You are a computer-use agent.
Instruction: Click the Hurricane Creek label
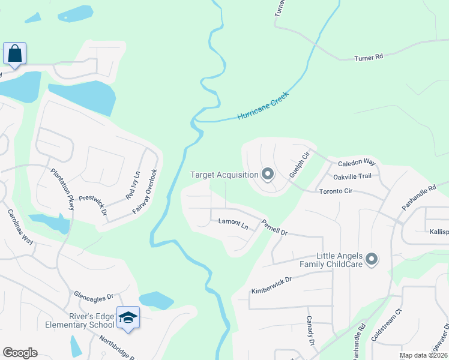263,105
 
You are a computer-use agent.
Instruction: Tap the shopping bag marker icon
14,53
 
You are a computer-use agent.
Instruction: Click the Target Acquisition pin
268,175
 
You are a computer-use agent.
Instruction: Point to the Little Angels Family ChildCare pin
372,259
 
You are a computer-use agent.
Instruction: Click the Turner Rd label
369,58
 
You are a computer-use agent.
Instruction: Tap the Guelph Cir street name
298,164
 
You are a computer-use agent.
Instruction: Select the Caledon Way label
357,163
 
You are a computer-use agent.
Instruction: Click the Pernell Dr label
274,227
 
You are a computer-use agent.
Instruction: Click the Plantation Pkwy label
62,188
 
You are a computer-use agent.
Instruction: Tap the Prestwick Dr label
92,204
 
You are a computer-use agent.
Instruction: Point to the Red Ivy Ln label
133,186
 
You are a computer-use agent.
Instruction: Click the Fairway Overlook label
146,191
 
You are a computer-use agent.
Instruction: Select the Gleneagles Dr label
93,296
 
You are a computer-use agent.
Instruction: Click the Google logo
20,352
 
